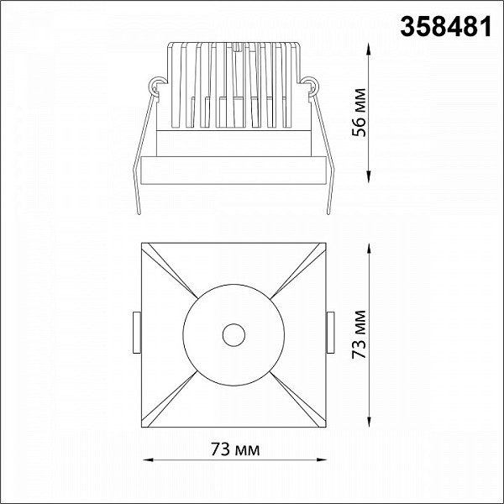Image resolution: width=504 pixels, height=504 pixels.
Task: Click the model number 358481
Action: point(446,27)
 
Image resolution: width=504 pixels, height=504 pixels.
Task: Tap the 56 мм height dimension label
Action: point(359,113)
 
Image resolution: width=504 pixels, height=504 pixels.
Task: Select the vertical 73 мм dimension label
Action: point(359,334)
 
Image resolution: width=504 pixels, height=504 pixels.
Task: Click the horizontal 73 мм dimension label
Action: point(235,449)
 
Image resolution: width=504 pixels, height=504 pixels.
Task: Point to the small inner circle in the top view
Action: point(234,335)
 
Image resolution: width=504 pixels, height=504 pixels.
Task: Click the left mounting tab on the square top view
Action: point(137,333)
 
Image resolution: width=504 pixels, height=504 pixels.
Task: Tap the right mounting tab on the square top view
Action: point(330,333)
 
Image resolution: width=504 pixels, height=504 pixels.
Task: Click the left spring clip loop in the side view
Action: point(156,84)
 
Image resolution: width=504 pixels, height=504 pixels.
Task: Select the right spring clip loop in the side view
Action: point(311,84)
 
